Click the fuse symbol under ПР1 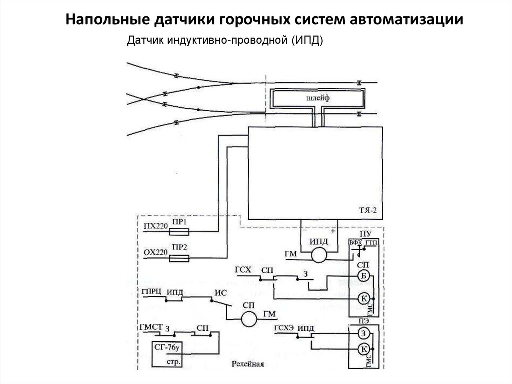pyautogui.click(x=179, y=232)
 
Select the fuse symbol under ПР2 pyautogui.click(x=179, y=258)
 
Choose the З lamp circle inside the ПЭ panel pyautogui.click(x=364, y=334)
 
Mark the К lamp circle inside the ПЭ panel pyautogui.click(x=364, y=349)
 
